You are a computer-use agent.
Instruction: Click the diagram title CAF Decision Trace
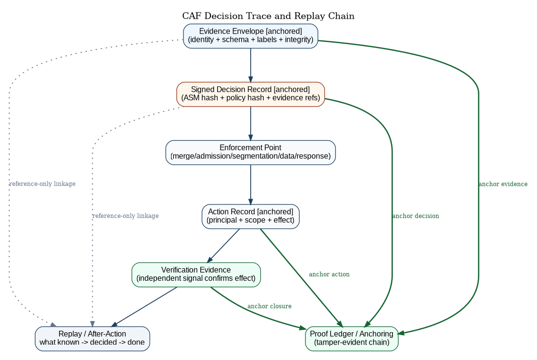[x=268, y=16]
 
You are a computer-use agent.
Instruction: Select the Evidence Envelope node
[x=250, y=36]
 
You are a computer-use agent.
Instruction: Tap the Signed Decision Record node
[x=250, y=94]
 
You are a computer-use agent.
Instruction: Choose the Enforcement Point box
[x=250, y=152]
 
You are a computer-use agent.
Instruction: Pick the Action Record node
[x=250, y=216]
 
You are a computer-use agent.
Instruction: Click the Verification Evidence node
[x=196, y=275]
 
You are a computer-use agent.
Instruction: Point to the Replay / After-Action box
[x=92, y=338]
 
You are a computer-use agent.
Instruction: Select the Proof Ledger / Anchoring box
[x=352, y=338]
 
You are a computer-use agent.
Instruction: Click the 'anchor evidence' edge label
[x=503, y=184]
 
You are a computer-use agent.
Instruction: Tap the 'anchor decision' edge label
[x=415, y=216]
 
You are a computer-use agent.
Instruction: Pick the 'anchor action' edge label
[x=329, y=275]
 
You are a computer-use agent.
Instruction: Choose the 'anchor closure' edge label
[x=269, y=306]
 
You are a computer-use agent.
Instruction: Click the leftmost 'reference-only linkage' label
[x=42, y=184]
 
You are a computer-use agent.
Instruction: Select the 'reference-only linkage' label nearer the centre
[x=125, y=216]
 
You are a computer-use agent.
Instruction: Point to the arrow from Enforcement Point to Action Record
[x=250, y=184]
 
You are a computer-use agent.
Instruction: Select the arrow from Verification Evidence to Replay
[x=144, y=307]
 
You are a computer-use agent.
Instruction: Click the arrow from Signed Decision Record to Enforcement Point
[x=250, y=123]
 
